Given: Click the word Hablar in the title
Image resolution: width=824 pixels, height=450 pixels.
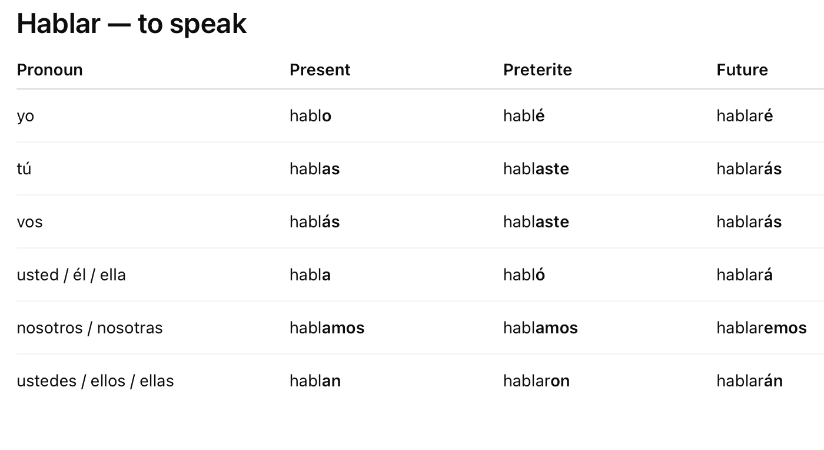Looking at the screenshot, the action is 58,24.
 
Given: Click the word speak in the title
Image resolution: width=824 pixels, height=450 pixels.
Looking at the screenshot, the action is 208,25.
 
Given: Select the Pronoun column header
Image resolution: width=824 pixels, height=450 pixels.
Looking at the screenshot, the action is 49,70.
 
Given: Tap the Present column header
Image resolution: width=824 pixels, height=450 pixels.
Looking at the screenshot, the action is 320,70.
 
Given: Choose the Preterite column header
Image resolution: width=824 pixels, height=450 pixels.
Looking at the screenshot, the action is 537,70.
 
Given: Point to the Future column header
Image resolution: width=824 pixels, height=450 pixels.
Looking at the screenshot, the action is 742,70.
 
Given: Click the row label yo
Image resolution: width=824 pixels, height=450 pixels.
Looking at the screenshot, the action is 25,117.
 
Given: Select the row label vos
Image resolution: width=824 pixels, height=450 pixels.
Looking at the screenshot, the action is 30,222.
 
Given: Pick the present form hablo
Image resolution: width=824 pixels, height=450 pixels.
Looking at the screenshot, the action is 311,115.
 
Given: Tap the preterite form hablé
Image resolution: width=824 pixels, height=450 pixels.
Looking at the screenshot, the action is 524,115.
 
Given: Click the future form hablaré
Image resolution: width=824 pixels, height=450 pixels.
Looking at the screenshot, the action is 745,115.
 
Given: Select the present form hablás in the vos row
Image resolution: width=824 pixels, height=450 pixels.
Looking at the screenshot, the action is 315,221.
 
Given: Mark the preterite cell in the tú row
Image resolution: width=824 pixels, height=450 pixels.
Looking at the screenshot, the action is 536,168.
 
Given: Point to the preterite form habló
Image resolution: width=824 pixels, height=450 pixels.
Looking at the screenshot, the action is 524,274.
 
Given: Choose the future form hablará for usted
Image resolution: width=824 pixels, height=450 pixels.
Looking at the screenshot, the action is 745,274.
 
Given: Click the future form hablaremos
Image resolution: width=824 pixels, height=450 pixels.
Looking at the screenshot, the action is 762,327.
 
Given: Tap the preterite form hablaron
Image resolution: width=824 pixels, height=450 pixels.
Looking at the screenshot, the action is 536,380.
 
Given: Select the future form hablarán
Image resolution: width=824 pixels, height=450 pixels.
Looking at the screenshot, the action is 750,380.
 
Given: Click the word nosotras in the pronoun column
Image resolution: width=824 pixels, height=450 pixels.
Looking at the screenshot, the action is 130,328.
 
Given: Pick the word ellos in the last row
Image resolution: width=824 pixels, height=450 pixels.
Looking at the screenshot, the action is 108,380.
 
